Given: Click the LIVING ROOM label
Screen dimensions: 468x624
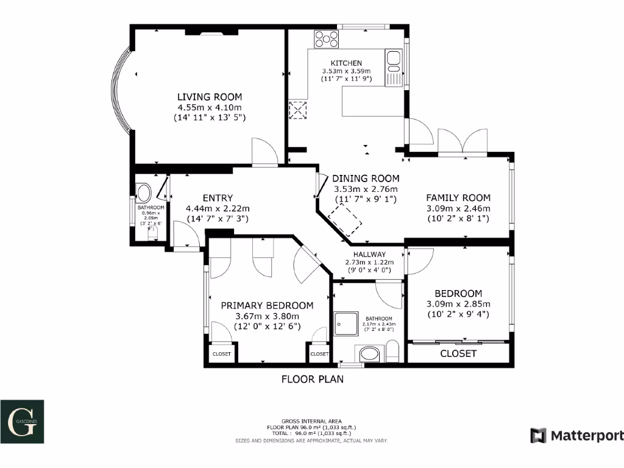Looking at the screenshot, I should pos(209,97).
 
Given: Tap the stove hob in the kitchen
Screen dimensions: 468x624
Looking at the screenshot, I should pos(327,39).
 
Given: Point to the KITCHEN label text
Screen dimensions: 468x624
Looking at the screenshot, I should pos(346,63).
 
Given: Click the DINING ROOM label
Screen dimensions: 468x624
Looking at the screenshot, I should pos(366,179).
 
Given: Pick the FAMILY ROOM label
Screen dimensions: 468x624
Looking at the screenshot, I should pos(458,198).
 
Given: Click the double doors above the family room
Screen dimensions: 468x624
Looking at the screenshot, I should pos(463,141).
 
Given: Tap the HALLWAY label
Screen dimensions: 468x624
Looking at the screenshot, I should pos(369,255).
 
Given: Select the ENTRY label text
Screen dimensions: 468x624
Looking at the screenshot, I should pos(218,198).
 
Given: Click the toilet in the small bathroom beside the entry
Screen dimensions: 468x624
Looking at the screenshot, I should pos(144,194).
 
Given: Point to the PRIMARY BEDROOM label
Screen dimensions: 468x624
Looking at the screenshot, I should pos(267,306).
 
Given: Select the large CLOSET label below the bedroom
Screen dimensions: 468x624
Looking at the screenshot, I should pos(458,353).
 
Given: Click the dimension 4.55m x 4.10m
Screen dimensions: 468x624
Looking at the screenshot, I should pos(209,107).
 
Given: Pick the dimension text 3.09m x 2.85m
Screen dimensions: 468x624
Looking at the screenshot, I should pos(458,304).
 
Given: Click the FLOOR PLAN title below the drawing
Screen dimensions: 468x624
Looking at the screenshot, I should pos(312,380).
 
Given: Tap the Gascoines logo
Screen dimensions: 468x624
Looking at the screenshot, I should pos(22,421).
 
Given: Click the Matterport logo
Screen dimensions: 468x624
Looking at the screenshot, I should pos(576,436).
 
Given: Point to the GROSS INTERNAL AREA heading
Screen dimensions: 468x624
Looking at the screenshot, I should pos(311,421).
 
